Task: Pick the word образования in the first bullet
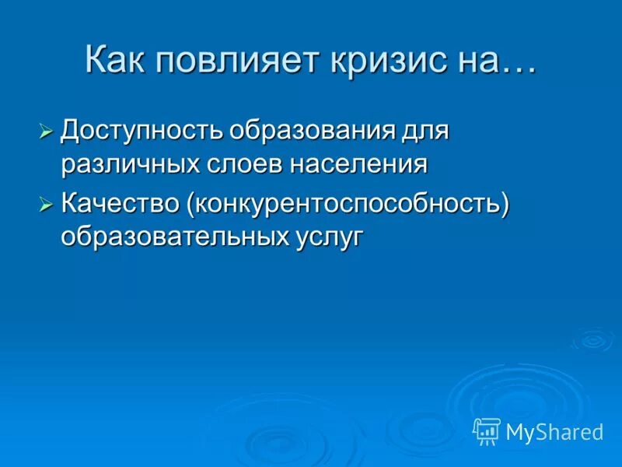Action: pos(320,129)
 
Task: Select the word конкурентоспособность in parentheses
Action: pos(347,205)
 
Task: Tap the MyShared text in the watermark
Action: pos(554,431)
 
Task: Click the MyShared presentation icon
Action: pos(487,430)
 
